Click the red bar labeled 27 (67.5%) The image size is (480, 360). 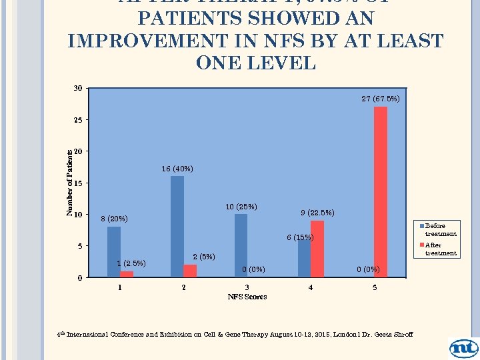(x=380, y=192)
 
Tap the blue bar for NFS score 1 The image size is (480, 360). (x=114, y=252)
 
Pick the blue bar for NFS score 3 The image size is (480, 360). (x=241, y=245)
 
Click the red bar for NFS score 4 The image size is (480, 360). (x=317, y=249)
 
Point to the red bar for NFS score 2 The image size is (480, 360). (x=190, y=271)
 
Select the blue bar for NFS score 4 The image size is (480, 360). (x=304, y=258)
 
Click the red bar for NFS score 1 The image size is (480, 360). (x=127, y=274)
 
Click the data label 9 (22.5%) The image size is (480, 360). (x=317, y=213)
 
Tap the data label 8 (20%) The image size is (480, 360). (x=114, y=219)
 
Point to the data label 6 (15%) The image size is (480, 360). (x=300, y=237)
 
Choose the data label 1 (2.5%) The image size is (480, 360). (x=131, y=263)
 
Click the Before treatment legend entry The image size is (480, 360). (x=440, y=229)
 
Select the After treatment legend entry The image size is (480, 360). (x=440, y=249)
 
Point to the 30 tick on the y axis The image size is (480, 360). (x=79, y=89)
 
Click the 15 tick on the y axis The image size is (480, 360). (x=79, y=183)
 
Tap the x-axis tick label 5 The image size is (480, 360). (x=375, y=287)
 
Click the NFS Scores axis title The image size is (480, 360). (x=247, y=297)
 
